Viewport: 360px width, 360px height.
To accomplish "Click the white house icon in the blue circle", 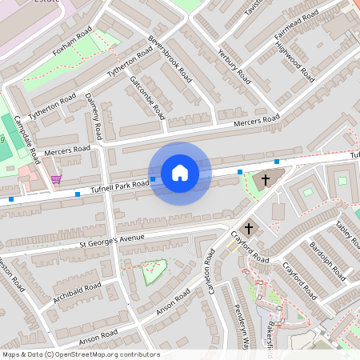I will tap(180, 173).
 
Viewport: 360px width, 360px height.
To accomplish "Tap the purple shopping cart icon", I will tap(56, 178).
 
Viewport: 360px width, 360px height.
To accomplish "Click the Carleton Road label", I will tap(214, 272).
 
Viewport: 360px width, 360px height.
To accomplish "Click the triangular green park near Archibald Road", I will tap(154, 271).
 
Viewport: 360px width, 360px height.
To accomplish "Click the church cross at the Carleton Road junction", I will tap(249, 229).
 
